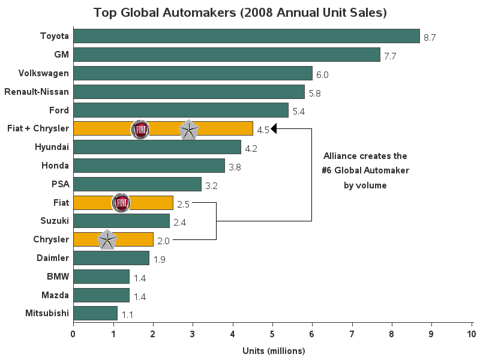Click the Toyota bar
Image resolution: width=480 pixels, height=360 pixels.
[246, 36]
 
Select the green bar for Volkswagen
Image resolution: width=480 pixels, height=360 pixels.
[193, 73]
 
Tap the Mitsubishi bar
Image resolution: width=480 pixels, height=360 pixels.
[95, 313]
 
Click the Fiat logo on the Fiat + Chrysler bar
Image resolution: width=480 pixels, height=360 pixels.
[140, 129]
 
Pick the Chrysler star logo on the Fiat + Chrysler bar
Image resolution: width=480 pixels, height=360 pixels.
[189, 130]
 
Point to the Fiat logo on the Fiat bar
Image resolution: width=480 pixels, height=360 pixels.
[121, 203]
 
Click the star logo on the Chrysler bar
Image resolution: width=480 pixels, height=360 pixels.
[107, 240]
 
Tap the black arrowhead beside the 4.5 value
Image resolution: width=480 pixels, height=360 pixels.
[274, 128]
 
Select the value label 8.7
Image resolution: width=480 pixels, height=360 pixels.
[429, 37]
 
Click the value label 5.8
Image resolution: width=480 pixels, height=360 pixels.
[314, 94]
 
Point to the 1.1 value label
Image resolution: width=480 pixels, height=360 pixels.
[127, 314]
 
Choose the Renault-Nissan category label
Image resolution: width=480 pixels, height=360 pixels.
[37, 92]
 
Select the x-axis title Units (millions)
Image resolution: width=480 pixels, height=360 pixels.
[274, 350]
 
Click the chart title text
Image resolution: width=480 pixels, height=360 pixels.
[240, 13]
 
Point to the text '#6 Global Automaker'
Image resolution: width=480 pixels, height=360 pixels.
[365, 170]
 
